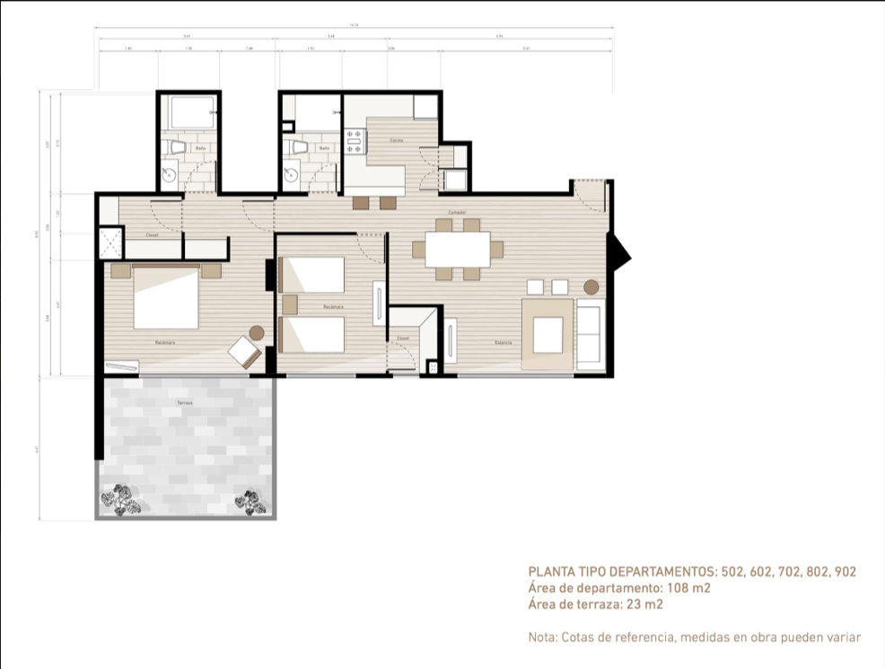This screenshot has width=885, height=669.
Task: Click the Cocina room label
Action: click(396, 141)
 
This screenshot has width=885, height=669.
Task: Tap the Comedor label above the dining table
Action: click(443, 213)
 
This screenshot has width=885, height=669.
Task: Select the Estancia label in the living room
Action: click(504, 342)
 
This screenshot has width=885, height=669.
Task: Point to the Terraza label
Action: click(184, 403)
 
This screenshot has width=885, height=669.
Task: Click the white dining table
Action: click(458, 250)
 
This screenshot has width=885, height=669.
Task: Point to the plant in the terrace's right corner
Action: click(250, 502)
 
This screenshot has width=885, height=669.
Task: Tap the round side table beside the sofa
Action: click(591, 287)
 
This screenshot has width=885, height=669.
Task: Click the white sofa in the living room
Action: click(589, 334)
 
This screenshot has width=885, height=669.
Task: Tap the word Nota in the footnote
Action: click(542, 638)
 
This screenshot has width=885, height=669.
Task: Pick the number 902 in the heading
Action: click(845, 571)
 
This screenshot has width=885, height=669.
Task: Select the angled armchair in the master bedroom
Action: click(243, 351)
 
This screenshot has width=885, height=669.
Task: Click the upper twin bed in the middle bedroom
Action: click(312, 275)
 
